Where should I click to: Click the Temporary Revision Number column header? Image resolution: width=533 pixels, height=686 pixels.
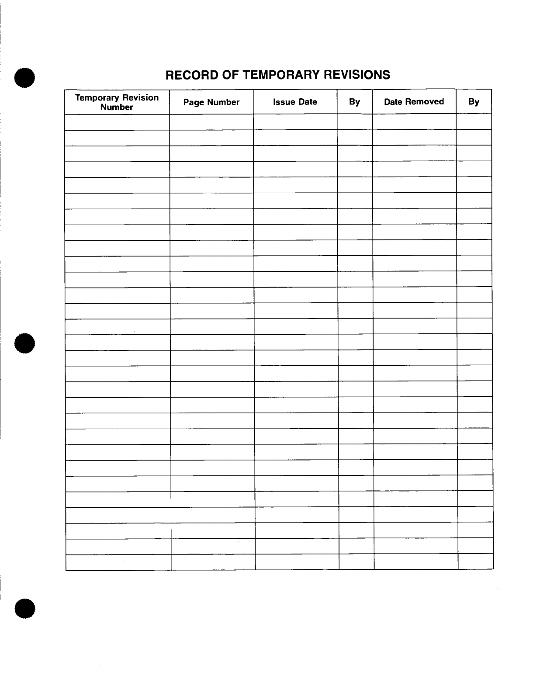(x=117, y=102)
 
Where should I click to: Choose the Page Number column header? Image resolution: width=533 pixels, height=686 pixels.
(x=211, y=102)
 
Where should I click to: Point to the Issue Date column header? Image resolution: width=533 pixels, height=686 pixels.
(x=295, y=102)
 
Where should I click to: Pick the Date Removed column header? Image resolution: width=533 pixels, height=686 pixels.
(x=414, y=102)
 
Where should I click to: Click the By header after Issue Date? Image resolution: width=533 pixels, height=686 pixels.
(x=354, y=102)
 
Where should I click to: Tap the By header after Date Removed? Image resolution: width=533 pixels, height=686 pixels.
(x=474, y=102)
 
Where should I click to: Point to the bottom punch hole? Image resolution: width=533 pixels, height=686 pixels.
(x=24, y=608)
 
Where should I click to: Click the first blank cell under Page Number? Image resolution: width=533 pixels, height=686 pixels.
(x=211, y=122)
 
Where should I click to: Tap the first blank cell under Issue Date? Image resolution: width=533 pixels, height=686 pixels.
(x=295, y=122)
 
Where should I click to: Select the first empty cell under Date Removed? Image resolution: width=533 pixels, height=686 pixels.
(x=414, y=122)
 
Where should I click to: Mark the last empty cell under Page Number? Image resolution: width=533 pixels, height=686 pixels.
(x=213, y=562)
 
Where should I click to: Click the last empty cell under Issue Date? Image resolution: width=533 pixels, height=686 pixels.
(x=297, y=562)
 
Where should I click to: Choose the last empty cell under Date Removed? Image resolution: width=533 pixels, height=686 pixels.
(x=416, y=562)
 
